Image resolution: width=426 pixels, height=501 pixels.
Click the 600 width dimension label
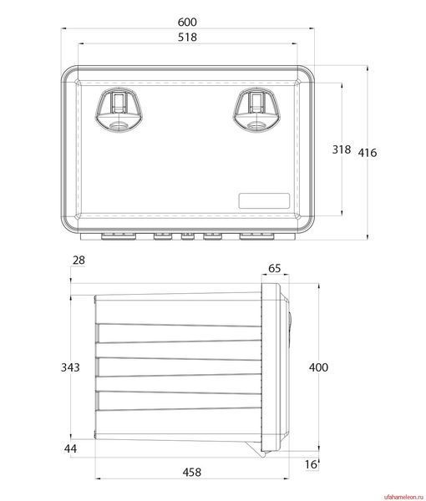click(187, 22)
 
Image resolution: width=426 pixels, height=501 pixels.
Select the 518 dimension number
click(187, 37)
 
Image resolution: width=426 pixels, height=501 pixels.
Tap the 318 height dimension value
click(342, 149)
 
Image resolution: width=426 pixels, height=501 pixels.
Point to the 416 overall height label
click(368, 153)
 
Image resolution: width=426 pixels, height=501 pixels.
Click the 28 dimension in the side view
click(79, 260)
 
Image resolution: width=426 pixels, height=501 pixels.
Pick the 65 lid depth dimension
click(274, 268)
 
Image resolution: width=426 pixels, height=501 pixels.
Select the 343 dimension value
click(70, 367)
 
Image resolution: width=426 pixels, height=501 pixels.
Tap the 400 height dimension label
click(318, 367)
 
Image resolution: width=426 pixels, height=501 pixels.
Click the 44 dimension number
click(70, 448)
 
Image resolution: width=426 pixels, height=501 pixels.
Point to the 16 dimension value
click(311, 464)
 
